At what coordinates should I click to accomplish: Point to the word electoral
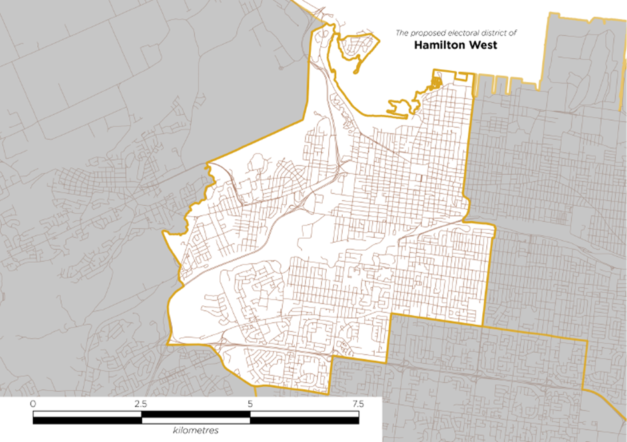coord(462,33)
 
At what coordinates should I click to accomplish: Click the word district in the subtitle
coord(494,33)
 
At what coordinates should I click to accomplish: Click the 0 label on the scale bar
coord(33,404)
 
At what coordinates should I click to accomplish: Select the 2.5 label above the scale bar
coord(141,404)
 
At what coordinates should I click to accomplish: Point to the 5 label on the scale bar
coord(250,404)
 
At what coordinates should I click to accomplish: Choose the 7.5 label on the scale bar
coord(358,404)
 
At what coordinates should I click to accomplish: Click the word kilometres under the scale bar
coord(195,430)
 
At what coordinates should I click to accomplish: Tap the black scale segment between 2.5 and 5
coord(195,421)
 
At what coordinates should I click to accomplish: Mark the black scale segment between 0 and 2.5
coord(87,415)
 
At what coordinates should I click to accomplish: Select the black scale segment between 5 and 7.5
coord(304,415)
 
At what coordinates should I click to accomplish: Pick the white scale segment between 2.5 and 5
coord(195,415)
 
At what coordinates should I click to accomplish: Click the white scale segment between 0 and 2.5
coord(87,421)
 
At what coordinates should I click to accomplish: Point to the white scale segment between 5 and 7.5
coord(304,421)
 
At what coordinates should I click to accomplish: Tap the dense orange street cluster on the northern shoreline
coord(436,83)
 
